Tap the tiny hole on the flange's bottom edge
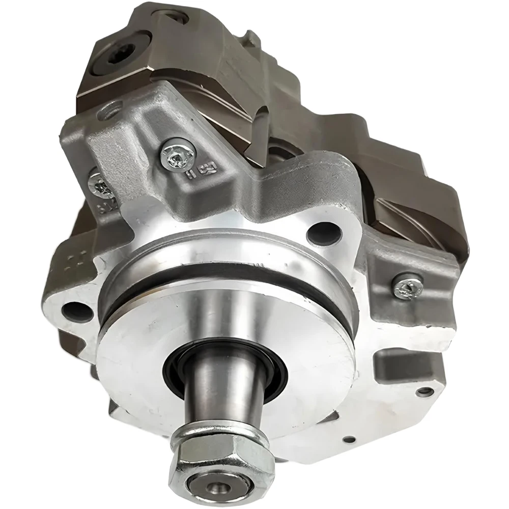[x=349, y=439]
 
